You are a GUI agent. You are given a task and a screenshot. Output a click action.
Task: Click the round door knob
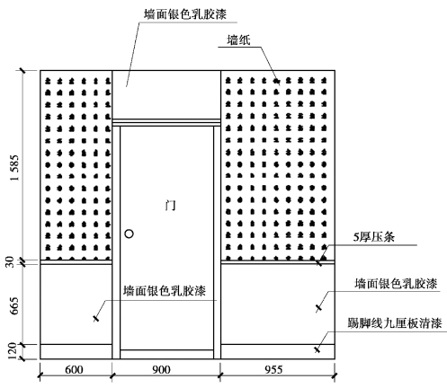(129, 234)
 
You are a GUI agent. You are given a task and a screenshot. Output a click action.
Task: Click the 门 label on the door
(171, 205)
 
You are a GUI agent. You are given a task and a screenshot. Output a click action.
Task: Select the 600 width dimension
(74, 369)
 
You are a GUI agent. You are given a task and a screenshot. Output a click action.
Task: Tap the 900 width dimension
(161, 369)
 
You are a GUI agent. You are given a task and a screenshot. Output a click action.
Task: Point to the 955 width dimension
(273, 369)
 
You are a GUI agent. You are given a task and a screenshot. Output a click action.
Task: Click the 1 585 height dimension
(14, 168)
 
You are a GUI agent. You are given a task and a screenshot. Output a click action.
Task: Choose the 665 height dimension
(14, 305)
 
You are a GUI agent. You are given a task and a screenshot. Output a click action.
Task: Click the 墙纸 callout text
(238, 40)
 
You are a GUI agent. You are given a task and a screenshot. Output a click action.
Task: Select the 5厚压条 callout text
(373, 237)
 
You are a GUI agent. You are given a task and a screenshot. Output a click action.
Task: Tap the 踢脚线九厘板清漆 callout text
(395, 323)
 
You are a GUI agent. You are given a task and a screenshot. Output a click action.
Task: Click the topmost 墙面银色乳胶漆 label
(185, 14)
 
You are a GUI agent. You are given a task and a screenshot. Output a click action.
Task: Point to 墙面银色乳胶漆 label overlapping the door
(165, 291)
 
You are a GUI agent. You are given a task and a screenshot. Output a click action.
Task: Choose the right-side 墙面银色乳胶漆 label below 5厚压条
(396, 284)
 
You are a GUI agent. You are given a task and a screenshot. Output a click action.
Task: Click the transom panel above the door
(166, 94)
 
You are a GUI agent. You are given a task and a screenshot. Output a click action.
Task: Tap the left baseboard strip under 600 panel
(76, 351)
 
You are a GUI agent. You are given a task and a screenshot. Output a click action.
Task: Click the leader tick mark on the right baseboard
(317, 349)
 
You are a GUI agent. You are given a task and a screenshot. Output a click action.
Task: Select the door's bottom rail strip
(166, 354)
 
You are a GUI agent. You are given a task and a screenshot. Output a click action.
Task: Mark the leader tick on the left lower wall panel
(95, 319)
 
